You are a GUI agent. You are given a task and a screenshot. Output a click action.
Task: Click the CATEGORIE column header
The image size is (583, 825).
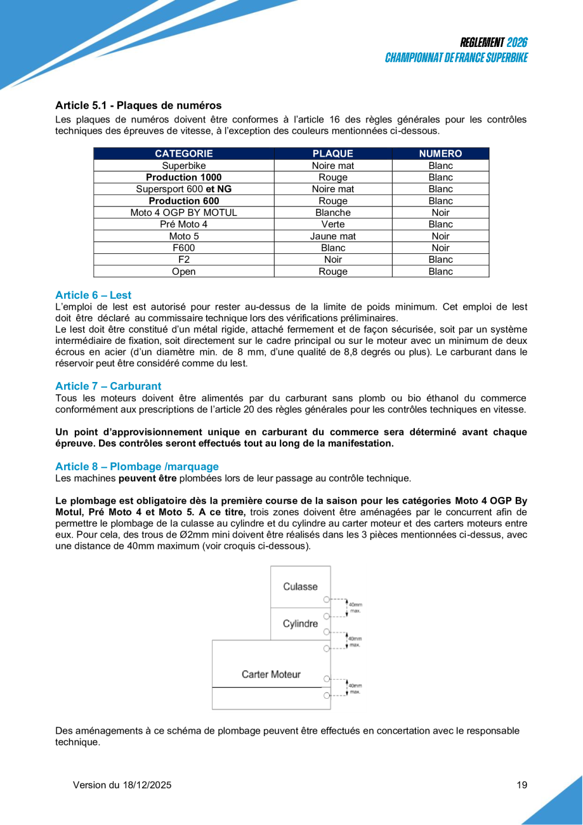click(184, 154)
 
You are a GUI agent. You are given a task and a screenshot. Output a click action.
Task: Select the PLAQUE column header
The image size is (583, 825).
click(332, 154)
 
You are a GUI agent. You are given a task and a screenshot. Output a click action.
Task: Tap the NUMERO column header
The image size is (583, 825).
click(440, 154)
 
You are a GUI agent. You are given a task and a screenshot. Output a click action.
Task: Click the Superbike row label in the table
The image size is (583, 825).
click(184, 166)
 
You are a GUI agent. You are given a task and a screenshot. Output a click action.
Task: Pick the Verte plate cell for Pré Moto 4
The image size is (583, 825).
click(332, 224)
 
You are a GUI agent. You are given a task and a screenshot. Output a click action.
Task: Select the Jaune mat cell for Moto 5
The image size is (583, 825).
click(332, 236)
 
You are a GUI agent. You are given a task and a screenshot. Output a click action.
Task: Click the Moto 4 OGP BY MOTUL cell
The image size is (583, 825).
click(184, 213)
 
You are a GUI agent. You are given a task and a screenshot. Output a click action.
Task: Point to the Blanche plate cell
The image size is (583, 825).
click(332, 213)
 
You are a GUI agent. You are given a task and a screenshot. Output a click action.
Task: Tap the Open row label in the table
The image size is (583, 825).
click(184, 272)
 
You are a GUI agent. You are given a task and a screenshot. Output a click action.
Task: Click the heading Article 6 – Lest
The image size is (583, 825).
click(93, 295)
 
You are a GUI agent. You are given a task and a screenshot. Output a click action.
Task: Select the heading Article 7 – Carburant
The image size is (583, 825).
click(108, 386)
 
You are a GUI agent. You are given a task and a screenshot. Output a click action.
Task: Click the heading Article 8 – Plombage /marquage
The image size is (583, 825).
click(136, 466)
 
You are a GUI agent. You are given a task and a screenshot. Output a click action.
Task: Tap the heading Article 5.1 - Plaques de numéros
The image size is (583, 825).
click(138, 105)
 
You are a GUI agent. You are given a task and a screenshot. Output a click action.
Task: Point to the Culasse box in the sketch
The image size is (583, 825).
click(300, 587)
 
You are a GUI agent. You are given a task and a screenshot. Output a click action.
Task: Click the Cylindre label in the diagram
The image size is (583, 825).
click(300, 624)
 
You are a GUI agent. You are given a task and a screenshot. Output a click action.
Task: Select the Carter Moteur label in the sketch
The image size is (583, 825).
click(271, 674)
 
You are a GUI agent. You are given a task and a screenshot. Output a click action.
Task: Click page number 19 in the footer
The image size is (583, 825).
click(522, 785)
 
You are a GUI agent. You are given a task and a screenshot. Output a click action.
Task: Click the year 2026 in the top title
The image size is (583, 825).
click(517, 43)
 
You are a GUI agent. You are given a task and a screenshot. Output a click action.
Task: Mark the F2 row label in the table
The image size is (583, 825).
click(184, 260)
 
